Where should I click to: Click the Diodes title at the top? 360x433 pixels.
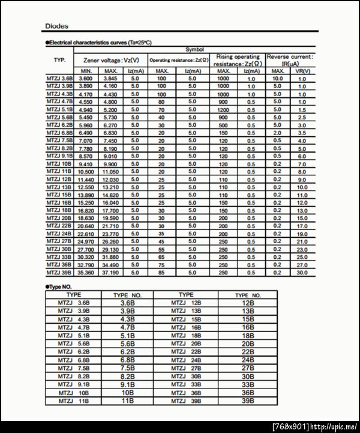click(57, 26)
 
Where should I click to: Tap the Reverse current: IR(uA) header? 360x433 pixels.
click(290, 60)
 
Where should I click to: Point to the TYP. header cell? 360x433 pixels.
click(59, 60)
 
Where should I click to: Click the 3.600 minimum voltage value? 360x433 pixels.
click(86, 79)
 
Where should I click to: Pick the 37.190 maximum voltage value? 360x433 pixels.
click(110, 273)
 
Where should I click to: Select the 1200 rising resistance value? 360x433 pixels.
click(223, 110)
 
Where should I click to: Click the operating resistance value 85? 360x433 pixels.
click(161, 273)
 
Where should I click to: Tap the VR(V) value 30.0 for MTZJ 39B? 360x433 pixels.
click(302, 273)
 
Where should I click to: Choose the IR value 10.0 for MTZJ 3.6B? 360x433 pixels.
click(277, 79)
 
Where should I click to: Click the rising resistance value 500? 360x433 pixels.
click(223, 126)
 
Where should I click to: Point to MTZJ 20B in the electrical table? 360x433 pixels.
click(59, 219)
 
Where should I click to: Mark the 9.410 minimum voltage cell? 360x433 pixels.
click(86, 164)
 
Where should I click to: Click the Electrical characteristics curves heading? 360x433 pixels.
click(91, 43)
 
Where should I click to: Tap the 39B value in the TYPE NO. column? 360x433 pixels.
click(248, 401)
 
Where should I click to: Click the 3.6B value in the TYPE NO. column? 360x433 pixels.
click(128, 303)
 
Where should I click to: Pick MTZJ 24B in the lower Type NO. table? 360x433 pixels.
click(186, 360)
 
